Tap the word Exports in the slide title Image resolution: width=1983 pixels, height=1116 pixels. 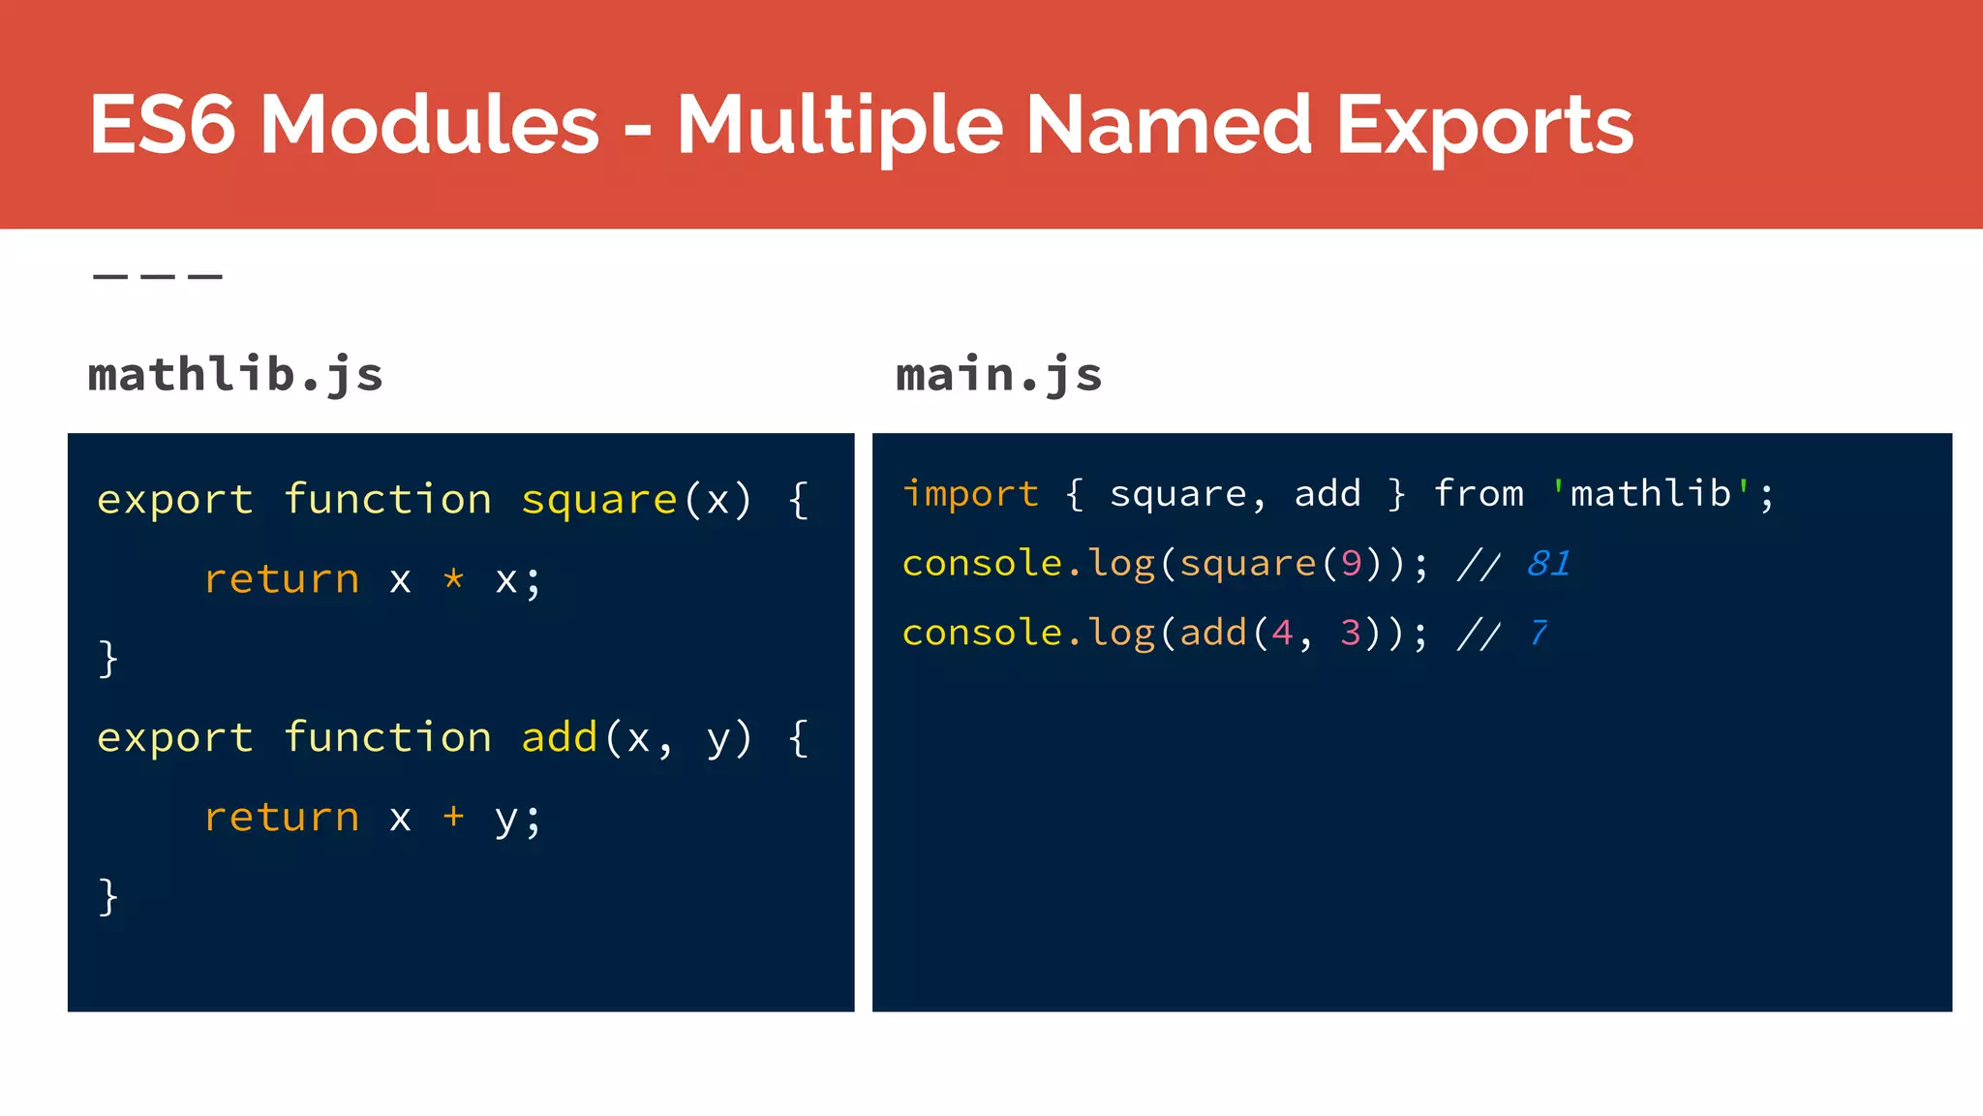point(1484,126)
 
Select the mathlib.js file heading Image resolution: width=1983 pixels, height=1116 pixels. point(235,374)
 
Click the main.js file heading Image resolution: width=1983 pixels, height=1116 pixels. point(998,374)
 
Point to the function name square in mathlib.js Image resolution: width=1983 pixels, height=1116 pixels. point(598,500)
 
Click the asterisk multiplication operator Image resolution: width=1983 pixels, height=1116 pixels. point(453,579)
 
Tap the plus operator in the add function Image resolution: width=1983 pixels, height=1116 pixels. point(453,817)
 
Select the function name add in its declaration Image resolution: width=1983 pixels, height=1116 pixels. point(559,738)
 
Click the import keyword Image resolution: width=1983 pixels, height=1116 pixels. point(969,494)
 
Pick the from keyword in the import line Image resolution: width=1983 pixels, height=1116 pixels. point(1479,494)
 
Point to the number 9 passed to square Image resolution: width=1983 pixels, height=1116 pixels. point(1352,563)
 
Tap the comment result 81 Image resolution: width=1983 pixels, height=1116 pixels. point(1548,563)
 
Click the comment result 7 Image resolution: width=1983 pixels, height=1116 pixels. point(1538,633)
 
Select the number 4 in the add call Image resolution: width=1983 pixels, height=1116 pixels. point(1282,633)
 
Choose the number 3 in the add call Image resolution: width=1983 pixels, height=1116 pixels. point(1351,633)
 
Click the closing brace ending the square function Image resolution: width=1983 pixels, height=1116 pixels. point(107,659)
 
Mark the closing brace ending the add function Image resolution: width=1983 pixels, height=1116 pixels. point(107,896)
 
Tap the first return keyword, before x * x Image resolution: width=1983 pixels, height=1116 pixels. point(281,579)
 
